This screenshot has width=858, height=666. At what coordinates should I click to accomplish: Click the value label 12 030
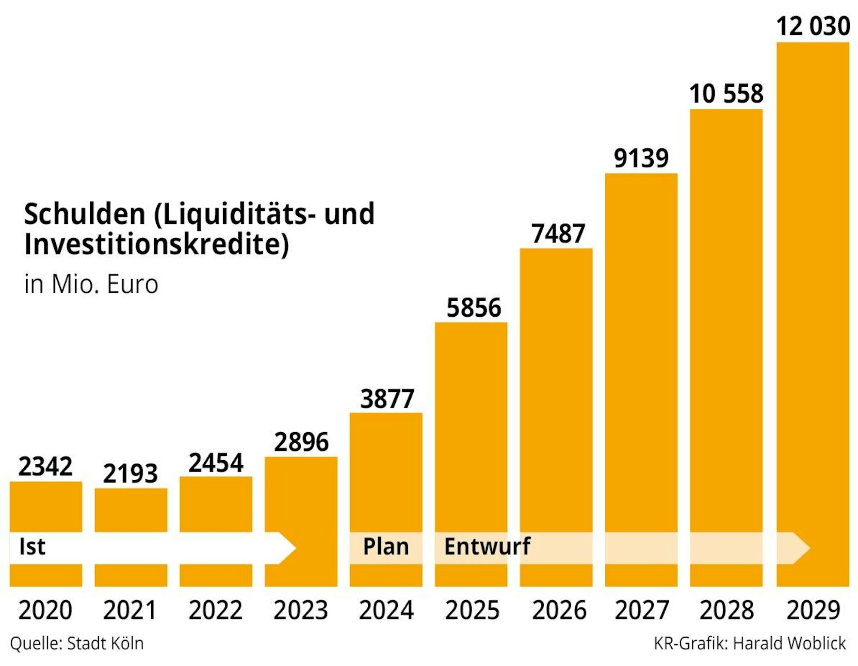click(813, 26)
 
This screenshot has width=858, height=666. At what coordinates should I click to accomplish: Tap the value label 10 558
click(726, 94)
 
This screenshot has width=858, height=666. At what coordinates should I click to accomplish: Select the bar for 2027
click(641, 365)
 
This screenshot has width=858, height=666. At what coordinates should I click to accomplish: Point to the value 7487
click(558, 233)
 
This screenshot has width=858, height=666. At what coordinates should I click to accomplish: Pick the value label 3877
click(387, 399)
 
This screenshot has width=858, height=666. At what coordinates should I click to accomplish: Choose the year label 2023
click(300, 610)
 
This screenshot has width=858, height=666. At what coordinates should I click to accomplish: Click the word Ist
click(32, 547)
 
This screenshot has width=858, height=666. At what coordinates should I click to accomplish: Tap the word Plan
click(386, 547)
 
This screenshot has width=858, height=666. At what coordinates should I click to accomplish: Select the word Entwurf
click(487, 547)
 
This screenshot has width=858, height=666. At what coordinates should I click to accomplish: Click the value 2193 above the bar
click(130, 474)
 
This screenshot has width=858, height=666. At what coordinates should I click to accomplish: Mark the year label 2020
click(45, 610)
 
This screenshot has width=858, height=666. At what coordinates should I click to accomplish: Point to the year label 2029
click(813, 610)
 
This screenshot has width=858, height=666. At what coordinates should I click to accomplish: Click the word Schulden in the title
click(85, 214)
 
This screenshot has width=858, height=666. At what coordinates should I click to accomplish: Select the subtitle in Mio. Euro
click(91, 284)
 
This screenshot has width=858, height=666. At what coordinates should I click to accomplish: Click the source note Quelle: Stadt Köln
click(77, 644)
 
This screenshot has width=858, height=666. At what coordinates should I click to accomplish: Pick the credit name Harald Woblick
click(789, 644)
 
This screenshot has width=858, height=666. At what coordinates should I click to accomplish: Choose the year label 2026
click(559, 610)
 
